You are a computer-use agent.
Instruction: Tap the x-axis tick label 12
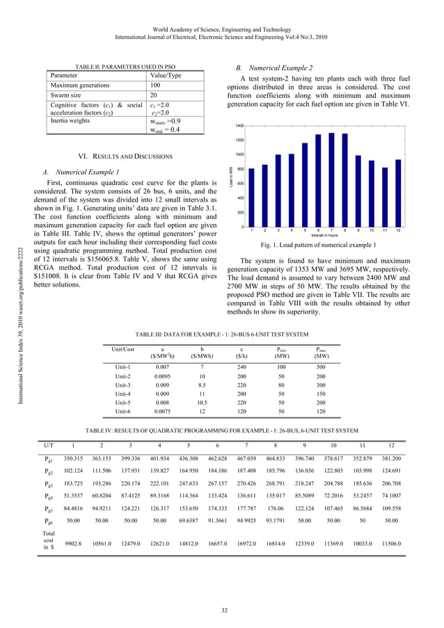(x=398, y=230)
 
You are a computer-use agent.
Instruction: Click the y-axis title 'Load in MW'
(x=230, y=176)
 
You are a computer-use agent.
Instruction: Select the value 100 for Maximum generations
(x=158, y=85)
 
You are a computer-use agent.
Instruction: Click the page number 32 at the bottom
(x=222, y=609)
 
